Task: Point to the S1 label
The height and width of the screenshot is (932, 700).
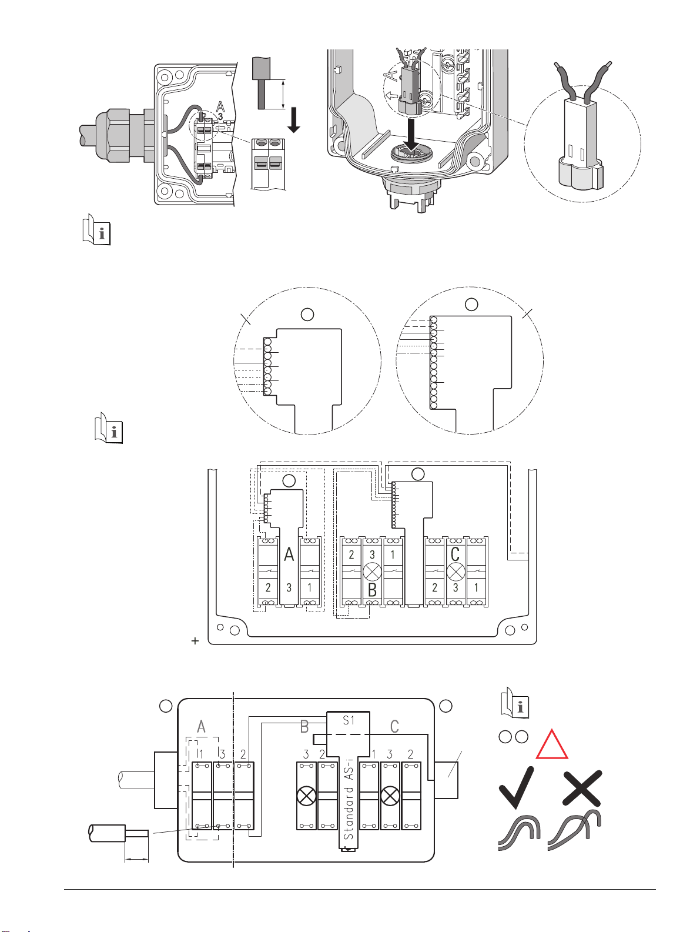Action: [349, 720]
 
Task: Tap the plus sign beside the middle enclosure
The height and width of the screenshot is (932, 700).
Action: [195, 641]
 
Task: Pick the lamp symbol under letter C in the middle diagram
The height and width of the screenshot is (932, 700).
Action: [455, 572]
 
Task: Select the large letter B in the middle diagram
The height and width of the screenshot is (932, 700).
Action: [372, 590]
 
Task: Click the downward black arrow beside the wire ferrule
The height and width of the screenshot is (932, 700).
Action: [293, 120]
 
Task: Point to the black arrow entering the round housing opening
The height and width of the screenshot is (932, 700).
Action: [411, 135]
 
